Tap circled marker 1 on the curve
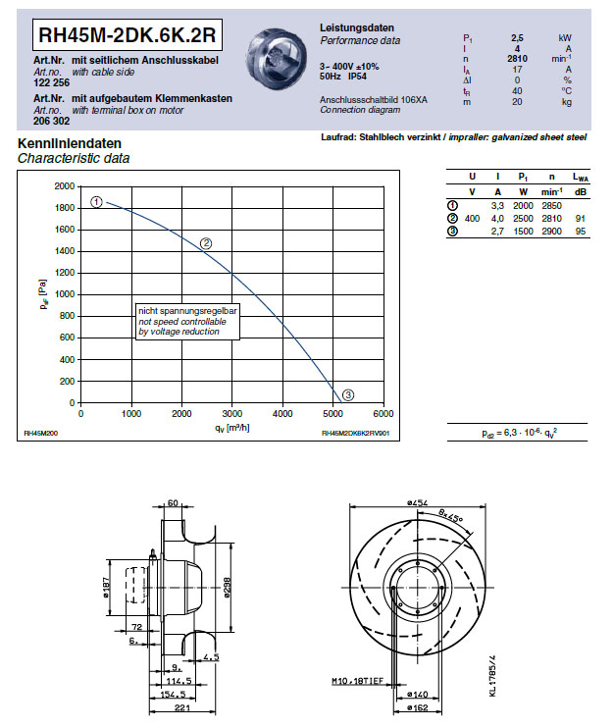97,201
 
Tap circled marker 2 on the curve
206,243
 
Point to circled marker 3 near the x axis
348,395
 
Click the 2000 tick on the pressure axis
65,185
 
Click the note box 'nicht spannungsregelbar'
186,321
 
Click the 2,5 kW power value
517,37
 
